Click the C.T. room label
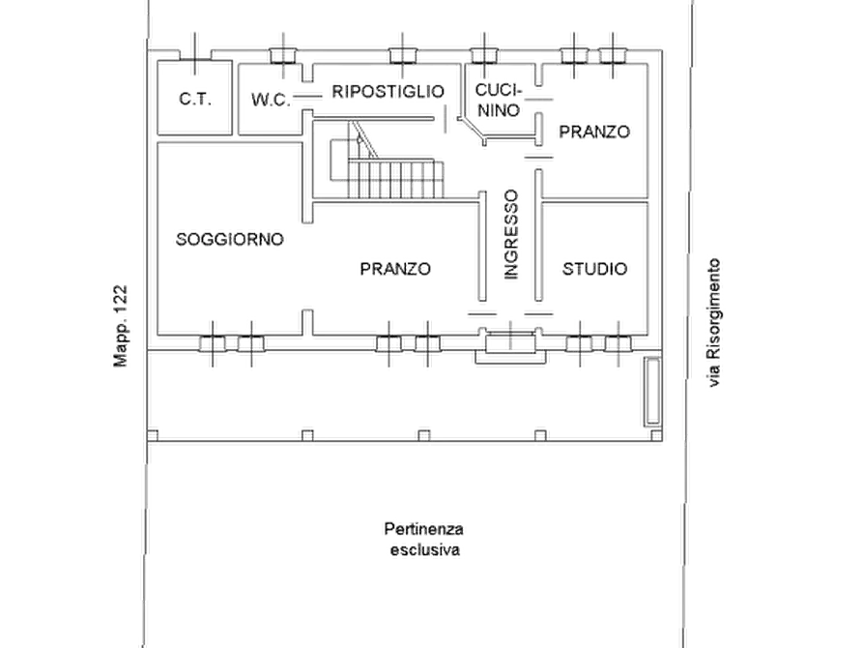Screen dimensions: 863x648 (195, 100)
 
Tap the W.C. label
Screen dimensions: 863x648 (271, 100)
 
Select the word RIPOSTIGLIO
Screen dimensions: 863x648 (388, 92)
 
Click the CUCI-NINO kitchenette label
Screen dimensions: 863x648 (499, 100)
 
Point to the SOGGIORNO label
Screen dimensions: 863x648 (229, 239)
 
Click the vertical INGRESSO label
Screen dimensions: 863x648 (511, 235)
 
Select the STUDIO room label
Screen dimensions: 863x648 (594, 269)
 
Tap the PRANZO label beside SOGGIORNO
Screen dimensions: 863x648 (395, 269)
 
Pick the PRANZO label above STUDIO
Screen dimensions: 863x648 (594, 132)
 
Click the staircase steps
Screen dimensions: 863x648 (395, 179)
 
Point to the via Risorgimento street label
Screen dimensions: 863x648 (714, 322)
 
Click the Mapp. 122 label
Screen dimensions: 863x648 (120, 326)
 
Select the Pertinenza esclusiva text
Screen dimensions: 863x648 (424, 540)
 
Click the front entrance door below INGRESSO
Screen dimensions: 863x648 (510, 342)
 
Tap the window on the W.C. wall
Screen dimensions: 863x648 (283, 56)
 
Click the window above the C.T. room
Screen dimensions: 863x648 (195, 55)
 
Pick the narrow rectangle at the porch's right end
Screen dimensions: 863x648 (652, 392)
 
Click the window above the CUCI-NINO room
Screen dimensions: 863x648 (484, 56)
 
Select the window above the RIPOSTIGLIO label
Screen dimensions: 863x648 (403, 56)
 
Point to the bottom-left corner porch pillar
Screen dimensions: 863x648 (153, 436)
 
